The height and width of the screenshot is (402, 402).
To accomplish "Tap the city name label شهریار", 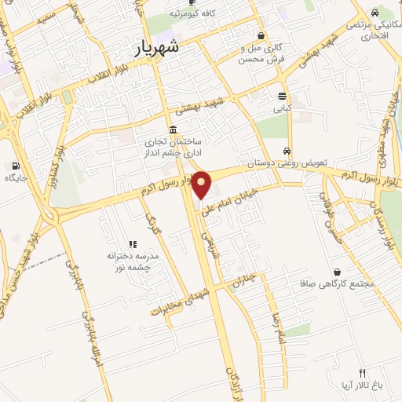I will click(152, 47).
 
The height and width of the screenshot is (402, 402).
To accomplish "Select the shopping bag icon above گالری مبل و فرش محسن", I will click(261, 35).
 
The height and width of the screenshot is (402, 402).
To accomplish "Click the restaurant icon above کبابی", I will click(281, 96).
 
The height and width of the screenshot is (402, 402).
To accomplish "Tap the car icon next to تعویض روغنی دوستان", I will click(287, 150).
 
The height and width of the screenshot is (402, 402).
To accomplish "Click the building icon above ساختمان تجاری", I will click(172, 130).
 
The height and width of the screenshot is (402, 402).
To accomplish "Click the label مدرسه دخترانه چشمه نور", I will click(132, 261).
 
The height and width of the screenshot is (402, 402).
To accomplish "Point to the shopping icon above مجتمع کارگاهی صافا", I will click(337, 271).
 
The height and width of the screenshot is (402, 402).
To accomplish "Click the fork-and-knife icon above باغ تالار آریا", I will click(362, 373).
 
